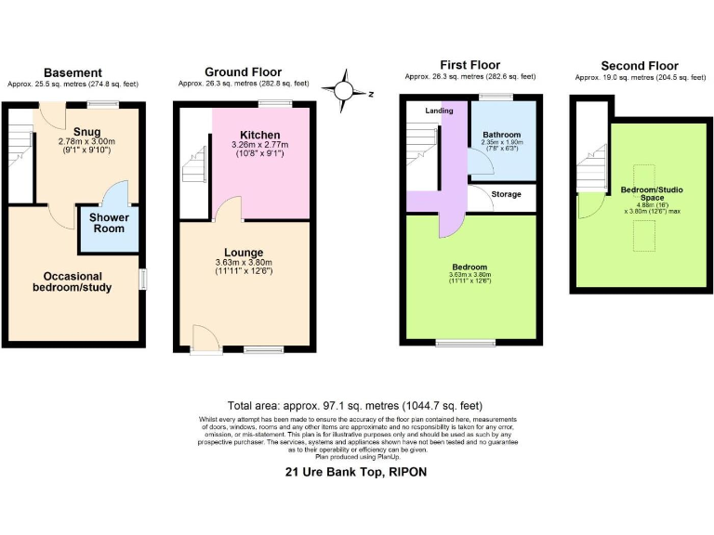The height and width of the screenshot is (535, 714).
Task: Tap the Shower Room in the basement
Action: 109,223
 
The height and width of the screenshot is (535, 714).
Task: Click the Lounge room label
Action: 243,252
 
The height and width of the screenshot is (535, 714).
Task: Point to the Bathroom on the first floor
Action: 502,135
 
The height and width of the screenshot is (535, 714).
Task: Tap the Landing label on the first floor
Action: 439,111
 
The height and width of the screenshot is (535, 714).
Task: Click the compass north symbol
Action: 346,90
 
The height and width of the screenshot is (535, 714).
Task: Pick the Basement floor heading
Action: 72,72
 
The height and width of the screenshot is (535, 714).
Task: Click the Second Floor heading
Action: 639,66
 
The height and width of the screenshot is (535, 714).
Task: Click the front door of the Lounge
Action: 201,338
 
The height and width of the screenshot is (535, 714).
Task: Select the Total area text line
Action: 355,406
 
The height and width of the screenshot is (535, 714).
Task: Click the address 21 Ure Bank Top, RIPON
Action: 356,471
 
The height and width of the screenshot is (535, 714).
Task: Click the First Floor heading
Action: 469,64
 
